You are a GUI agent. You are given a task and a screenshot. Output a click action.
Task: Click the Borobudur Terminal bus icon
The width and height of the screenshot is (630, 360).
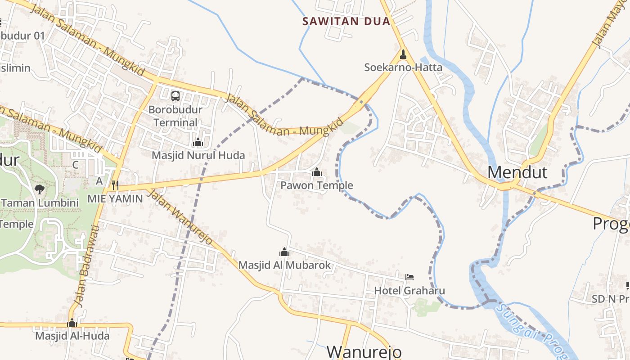(175, 96)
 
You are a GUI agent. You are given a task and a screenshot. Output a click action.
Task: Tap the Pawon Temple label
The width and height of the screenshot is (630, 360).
(317, 185)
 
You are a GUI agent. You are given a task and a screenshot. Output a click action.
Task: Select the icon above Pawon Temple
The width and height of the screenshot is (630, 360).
(317, 172)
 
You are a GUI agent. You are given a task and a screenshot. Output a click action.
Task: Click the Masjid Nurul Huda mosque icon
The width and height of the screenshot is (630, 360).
(198, 143)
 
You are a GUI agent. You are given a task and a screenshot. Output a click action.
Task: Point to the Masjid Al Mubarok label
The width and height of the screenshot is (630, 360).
(284, 265)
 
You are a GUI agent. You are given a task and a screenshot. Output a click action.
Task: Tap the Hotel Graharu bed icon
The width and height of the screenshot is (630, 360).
(409, 277)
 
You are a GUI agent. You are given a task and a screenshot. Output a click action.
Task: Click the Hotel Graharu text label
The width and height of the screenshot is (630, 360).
(409, 291)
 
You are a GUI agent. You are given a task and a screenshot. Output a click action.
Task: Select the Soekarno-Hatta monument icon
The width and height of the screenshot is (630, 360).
(403, 54)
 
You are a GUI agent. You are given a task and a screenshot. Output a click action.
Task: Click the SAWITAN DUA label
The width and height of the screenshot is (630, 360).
(346, 21)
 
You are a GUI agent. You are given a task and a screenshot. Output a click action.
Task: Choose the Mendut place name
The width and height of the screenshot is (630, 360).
(517, 172)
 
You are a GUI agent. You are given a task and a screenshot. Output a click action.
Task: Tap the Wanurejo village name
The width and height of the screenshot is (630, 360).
(364, 351)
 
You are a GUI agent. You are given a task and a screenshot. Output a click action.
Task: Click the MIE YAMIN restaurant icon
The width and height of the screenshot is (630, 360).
(115, 184)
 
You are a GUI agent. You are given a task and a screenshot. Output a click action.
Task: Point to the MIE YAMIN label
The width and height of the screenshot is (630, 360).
(115, 198)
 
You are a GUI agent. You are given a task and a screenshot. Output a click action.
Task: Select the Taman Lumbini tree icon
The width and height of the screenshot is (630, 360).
(40, 189)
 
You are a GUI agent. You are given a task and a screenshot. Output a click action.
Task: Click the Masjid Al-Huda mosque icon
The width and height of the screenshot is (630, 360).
(72, 323)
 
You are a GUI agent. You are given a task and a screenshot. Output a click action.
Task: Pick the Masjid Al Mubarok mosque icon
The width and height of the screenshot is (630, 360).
(284, 252)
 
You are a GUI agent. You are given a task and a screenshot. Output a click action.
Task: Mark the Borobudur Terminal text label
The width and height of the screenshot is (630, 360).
(175, 116)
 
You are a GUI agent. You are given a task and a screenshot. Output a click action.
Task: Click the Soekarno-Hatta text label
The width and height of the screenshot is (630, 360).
(403, 67)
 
